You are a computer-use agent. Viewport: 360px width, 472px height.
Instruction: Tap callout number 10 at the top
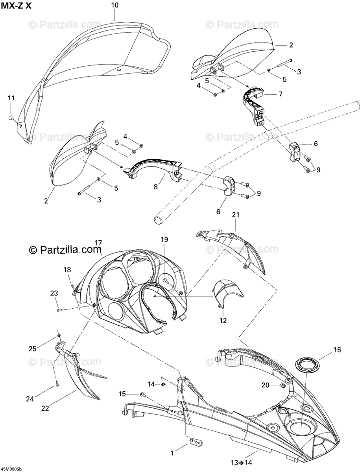click(114, 5)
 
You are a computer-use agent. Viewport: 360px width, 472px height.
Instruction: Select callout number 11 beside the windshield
click(11, 98)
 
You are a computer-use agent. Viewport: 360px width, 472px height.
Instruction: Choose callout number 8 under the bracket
click(156, 187)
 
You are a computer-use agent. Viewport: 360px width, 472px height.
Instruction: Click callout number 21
click(236, 215)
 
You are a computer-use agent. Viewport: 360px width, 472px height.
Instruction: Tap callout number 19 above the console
click(164, 239)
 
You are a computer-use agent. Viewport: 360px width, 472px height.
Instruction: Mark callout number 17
click(98, 243)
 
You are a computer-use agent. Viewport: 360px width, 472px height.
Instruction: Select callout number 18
click(68, 269)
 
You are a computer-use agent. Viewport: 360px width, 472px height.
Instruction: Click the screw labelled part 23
click(59, 310)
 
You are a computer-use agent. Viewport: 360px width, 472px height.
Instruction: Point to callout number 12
click(223, 321)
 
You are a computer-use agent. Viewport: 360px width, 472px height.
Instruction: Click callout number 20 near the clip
click(265, 385)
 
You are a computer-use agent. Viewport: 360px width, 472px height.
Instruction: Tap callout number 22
click(45, 408)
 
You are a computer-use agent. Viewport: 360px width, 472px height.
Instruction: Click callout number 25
click(32, 348)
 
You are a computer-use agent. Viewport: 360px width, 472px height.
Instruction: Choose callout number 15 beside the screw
click(122, 394)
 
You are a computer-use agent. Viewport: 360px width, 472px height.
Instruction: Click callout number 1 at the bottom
click(172, 453)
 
